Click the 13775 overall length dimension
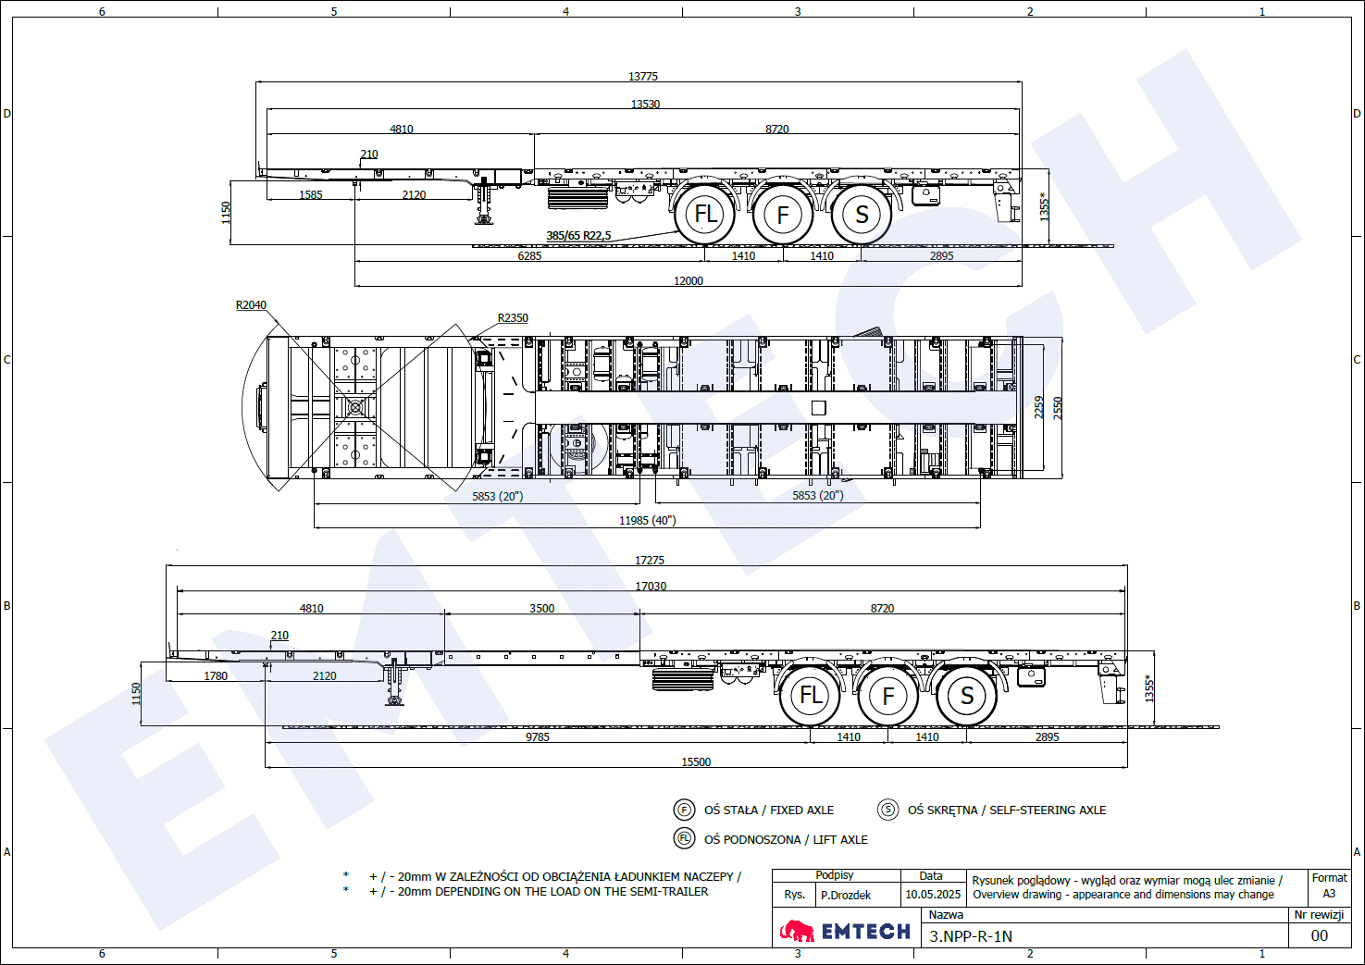pyautogui.click(x=643, y=76)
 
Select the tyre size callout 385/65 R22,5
pyautogui.click(x=578, y=235)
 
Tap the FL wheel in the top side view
pyautogui.click(x=705, y=214)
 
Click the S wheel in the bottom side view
pyautogui.click(x=966, y=695)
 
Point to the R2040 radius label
pyautogui.click(x=251, y=304)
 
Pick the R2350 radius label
pyautogui.click(x=513, y=317)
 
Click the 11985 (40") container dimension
pyautogui.click(x=647, y=520)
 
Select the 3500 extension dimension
pyautogui.click(x=541, y=608)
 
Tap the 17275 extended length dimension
pyautogui.click(x=650, y=560)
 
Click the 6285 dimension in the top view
pyautogui.click(x=529, y=256)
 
